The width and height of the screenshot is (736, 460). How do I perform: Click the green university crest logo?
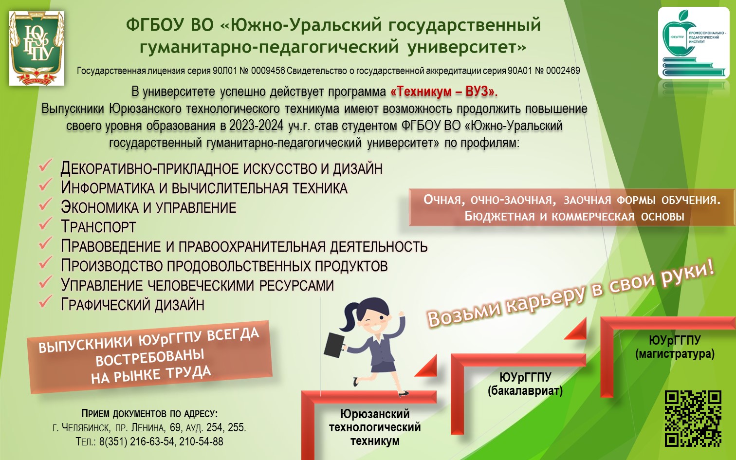37,48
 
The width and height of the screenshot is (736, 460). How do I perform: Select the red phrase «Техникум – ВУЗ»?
444,92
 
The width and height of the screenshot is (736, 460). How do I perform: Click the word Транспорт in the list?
98,227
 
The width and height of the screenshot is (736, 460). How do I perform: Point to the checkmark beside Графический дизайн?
45,301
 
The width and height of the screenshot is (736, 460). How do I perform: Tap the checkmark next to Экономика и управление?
45,204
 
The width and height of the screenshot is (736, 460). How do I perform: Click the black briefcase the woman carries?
334,345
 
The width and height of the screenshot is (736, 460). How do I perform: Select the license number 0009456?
268,71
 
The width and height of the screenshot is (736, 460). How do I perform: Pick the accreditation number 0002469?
563,71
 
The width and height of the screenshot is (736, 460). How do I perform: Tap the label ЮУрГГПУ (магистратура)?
675,347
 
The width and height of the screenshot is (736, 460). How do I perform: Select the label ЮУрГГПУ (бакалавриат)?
525,384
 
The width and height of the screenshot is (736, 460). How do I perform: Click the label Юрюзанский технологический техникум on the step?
375,427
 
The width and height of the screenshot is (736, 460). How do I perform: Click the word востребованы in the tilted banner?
149,358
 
